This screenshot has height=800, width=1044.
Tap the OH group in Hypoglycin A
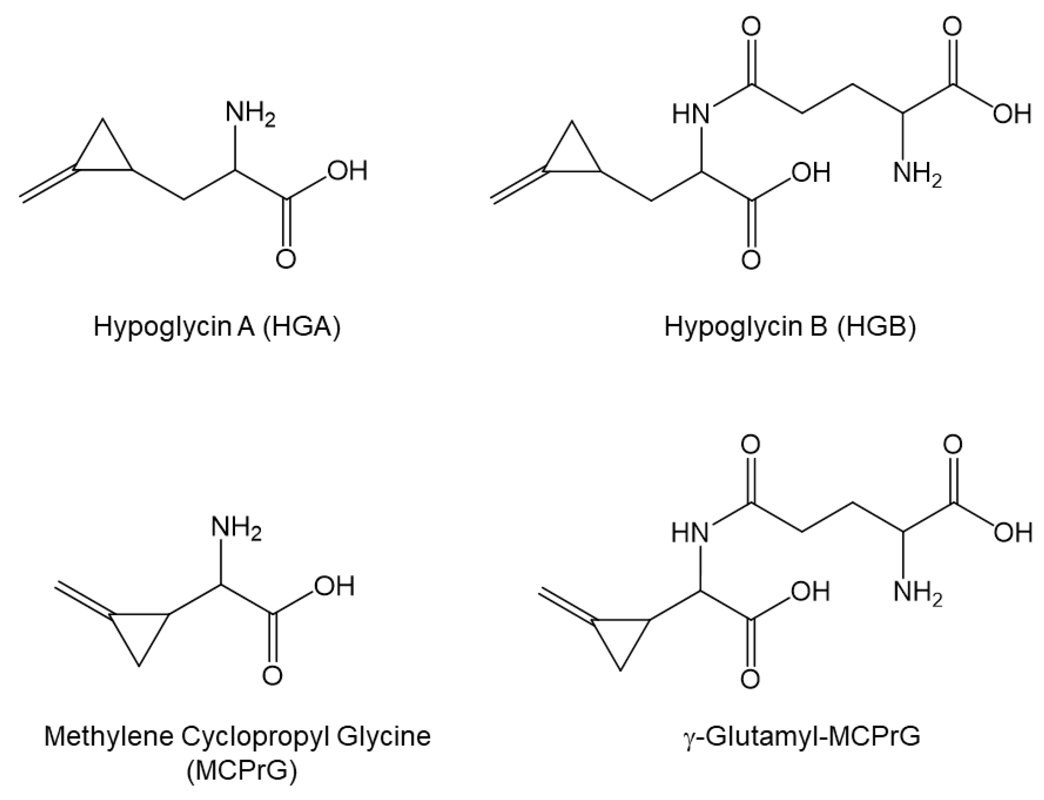tap(348, 170)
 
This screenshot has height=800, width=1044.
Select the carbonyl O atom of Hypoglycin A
tap(286, 259)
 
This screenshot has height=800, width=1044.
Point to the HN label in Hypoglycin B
tap(690, 114)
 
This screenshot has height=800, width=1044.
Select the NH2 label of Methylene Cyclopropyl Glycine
tap(237, 528)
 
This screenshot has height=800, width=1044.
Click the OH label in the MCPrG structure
tap(334, 586)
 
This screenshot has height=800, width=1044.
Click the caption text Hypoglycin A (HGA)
tap(217, 327)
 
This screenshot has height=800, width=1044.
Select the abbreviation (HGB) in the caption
tap(876, 327)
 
